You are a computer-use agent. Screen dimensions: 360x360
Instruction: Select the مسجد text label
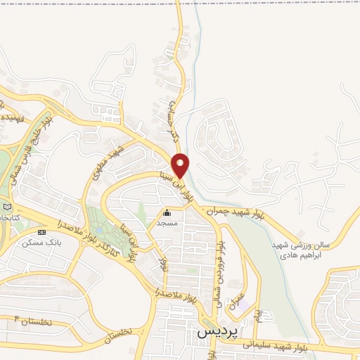point(167,223)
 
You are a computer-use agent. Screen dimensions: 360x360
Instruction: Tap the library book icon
point(7,207)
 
